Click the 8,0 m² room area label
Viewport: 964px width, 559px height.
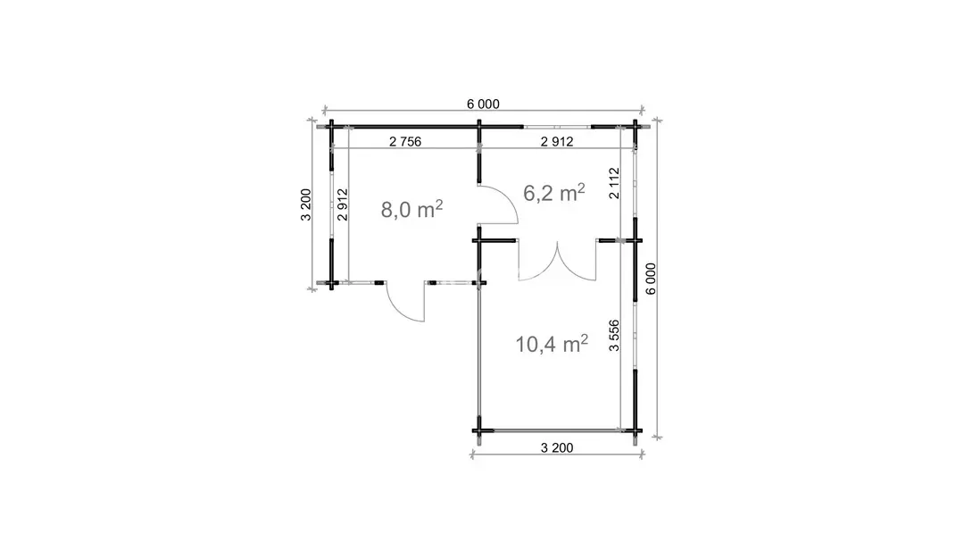(x=411, y=209)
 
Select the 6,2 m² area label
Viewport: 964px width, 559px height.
(x=553, y=193)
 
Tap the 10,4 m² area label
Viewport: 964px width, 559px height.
(x=552, y=344)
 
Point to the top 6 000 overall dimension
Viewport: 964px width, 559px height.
(x=483, y=104)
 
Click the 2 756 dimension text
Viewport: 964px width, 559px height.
(x=405, y=141)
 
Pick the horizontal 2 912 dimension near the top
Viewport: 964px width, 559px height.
(x=557, y=141)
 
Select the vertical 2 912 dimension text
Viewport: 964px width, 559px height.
(x=343, y=204)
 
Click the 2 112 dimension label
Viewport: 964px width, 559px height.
(x=613, y=183)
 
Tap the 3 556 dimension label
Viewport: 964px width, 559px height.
(x=613, y=335)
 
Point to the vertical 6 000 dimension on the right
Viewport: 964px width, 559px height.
(x=651, y=279)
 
